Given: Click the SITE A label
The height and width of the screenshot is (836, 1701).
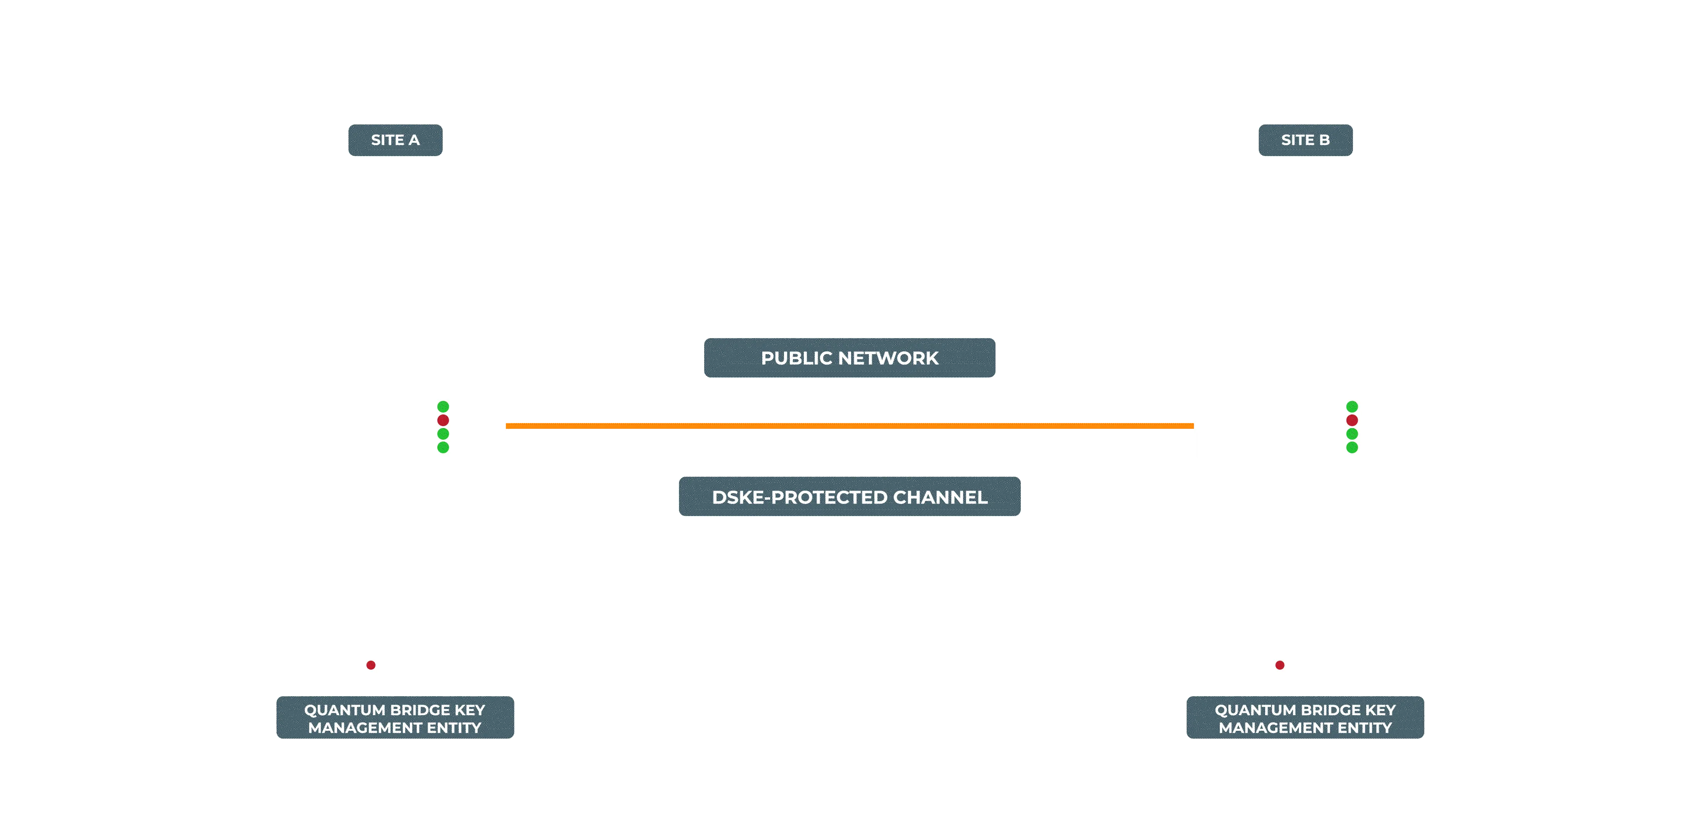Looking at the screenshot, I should [x=395, y=140].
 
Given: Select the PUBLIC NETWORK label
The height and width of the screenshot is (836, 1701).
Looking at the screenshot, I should [x=850, y=358].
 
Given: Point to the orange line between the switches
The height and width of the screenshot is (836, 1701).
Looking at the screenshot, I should [x=850, y=426].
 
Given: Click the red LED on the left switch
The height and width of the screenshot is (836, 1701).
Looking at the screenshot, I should [x=443, y=420].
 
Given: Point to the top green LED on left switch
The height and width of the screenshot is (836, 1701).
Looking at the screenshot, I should [x=443, y=406].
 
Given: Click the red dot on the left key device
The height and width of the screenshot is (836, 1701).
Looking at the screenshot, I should [x=371, y=665].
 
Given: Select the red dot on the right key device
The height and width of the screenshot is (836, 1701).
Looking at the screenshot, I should [x=1280, y=665].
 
